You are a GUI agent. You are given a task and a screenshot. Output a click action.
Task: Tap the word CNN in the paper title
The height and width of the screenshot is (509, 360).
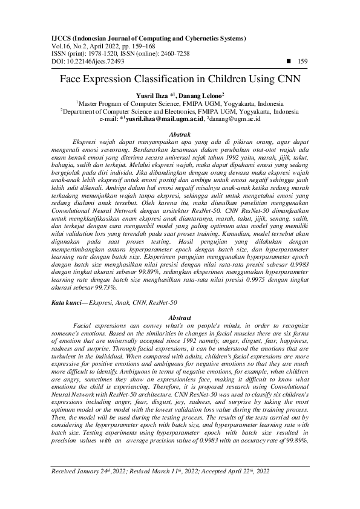pyautogui.click(x=287, y=79)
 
